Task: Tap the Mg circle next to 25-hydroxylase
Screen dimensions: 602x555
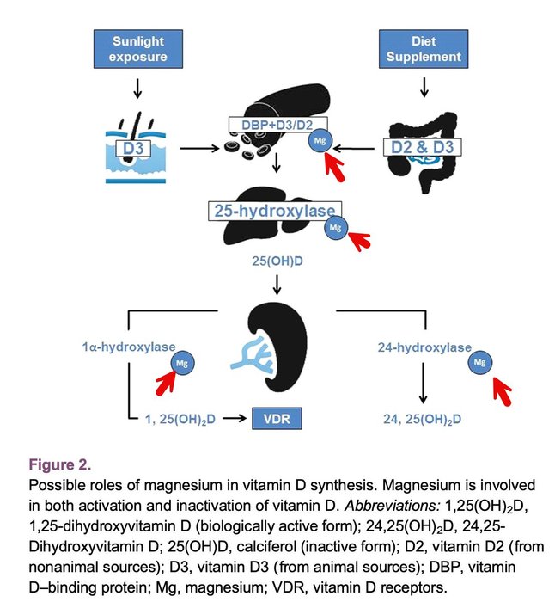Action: click(335, 228)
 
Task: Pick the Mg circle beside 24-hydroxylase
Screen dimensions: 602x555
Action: click(480, 364)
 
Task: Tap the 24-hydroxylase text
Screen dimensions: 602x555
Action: click(424, 347)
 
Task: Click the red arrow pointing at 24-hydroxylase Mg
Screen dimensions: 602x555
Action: click(499, 393)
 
